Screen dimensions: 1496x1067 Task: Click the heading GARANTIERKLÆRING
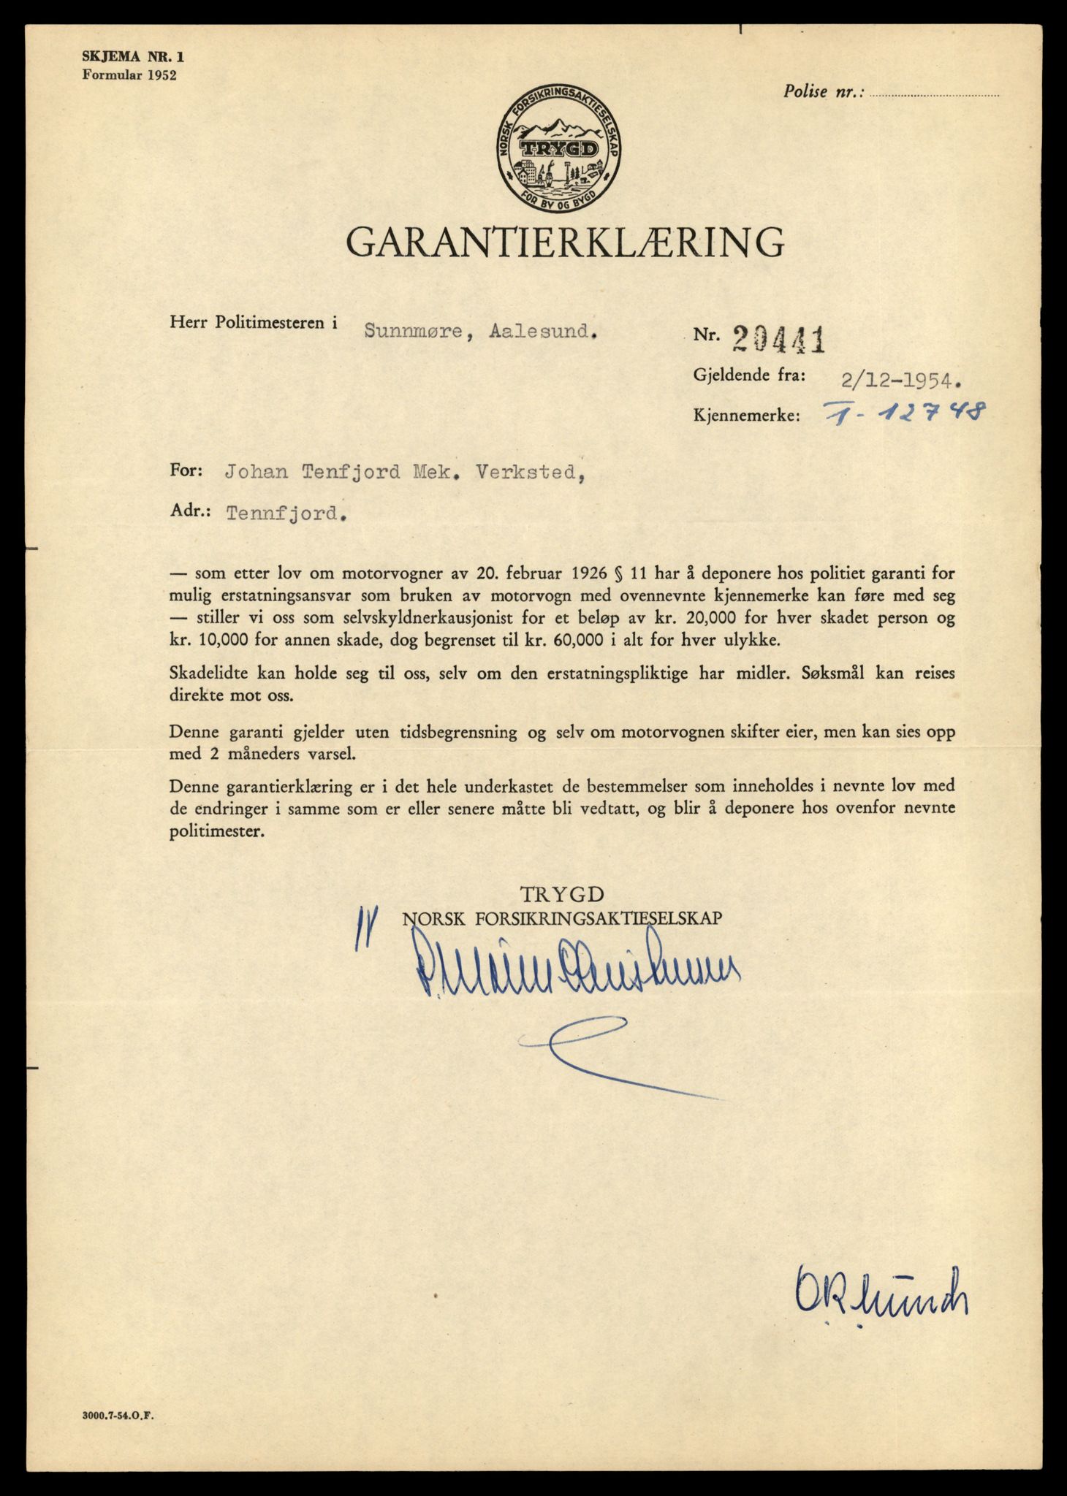coord(565,243)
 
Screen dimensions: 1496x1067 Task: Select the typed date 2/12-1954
coord(897,378)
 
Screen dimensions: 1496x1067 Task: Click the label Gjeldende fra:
coord(750,375)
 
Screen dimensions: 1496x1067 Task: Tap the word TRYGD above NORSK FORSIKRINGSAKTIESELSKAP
coord(563,895)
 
